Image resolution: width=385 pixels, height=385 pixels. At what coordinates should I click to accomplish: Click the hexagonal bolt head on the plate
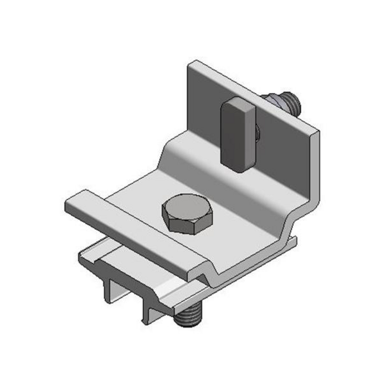point(184,213)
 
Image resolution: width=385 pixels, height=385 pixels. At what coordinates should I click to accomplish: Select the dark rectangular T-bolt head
point(237,136)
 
